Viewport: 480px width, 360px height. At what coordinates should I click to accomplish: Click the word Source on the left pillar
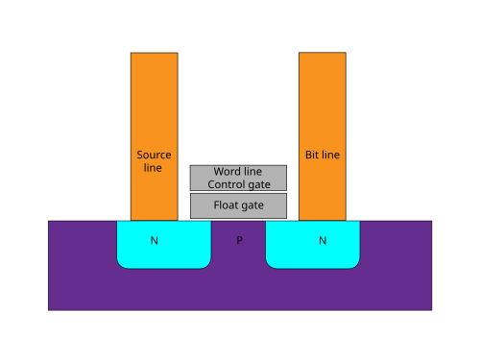click(x=154, y=155)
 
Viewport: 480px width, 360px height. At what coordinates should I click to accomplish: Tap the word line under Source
click(x=153, y=168)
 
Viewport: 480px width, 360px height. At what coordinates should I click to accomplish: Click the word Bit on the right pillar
click(x=312, y=155)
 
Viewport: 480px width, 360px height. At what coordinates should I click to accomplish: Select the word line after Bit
click(x=330, y=155)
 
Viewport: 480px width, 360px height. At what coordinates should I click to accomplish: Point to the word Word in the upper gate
click(x=226, y=172)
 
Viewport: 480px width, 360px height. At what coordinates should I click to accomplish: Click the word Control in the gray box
click(x=227, y=184)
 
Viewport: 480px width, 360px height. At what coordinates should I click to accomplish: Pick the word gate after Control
click(x=259, y=185)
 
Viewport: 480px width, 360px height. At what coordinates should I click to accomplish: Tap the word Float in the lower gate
click(x=226, y=205)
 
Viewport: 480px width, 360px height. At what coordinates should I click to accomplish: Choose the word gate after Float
click(x=252, y=205)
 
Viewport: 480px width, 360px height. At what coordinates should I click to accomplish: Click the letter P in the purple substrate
click(x=239, y=240)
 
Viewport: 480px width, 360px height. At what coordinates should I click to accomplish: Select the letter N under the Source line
click(x=155, y=240)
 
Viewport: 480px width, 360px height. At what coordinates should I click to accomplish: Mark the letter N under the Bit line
click(x=323, y=240)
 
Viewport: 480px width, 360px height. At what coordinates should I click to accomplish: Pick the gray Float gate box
click(x=238, y=205)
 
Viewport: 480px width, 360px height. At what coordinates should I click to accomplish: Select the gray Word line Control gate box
click(x=238, y=178)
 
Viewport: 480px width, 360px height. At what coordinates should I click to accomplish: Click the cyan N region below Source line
click(x=164, y=245)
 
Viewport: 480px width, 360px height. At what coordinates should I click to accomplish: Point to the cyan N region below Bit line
click(x=313, y=245)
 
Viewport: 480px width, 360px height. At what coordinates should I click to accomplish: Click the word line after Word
click(x=252, y=172)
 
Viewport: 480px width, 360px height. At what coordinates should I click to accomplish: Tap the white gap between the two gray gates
click(x=238, y=192)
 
